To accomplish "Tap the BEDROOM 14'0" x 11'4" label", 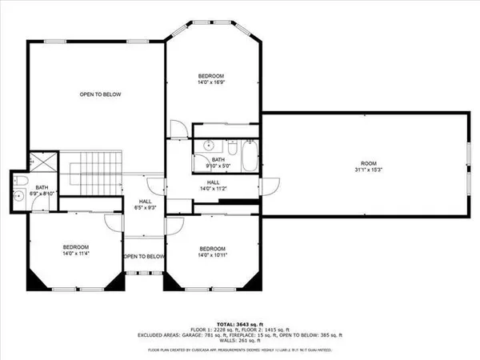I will pyautogui.click(x=76, y=250).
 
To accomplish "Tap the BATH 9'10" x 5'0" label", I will pyautogui.click(x=218, y=162).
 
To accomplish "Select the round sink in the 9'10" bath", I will pyautogui.click(x=206, y=146).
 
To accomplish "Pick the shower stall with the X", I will pyautogui.click(x=42, y=162).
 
